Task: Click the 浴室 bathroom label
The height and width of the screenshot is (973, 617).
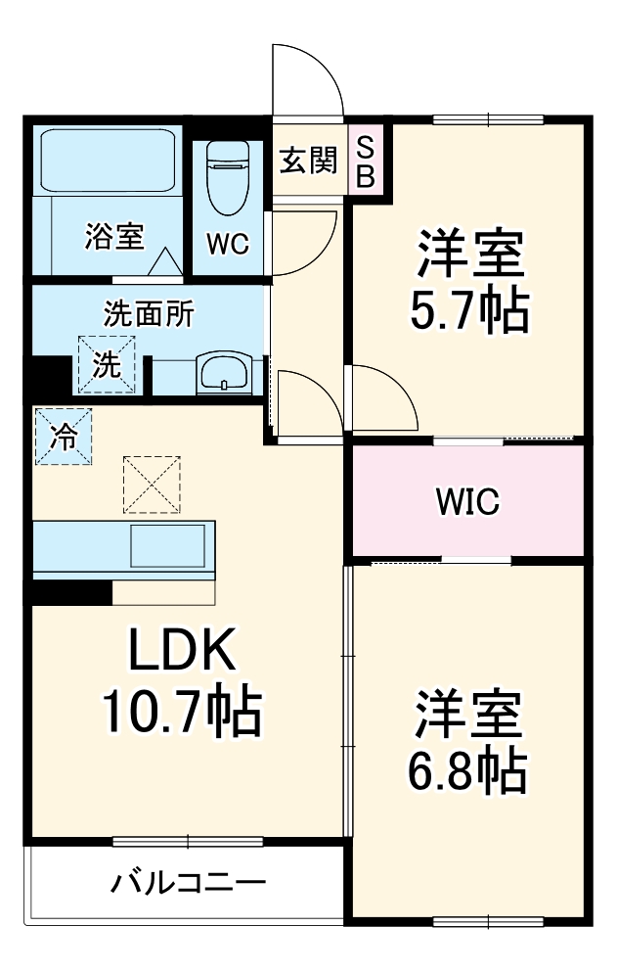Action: [x=114, y=236]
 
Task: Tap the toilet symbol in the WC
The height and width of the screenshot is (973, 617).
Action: [x=227, y=179]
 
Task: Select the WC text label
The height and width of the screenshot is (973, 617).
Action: [x=227, y=244]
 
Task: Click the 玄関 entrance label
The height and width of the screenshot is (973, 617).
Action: [x=308, y=161]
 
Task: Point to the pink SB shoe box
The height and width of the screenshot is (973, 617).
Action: [x=364, y=162]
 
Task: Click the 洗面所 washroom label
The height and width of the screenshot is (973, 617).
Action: [x=149, y=314]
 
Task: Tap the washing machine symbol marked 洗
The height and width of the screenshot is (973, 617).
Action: [x=107, y=364]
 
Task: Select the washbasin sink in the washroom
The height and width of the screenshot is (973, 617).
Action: [x=225, y=372]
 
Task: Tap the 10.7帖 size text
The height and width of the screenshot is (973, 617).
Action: [x=182, y=712]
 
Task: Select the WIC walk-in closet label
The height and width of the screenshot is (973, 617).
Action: [x=467, y=502]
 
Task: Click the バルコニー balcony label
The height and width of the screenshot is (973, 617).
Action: [x=187, y=882]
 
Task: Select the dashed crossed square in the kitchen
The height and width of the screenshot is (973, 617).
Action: [x=152, y=484]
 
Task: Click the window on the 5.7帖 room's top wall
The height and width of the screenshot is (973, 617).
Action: [x=488, y=119]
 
